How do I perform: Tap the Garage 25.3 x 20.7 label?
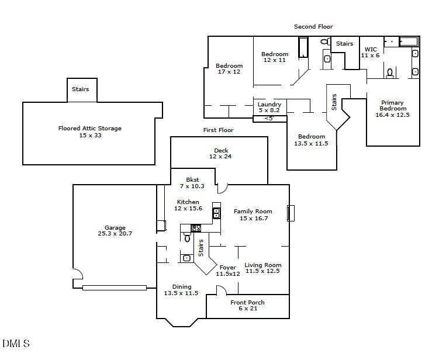tap(115, 231)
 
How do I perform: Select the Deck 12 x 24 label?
tap(221, 154)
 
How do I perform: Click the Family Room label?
tap(253, 214)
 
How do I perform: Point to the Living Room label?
tap(262, 268)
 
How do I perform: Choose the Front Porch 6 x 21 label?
tap(247, 305)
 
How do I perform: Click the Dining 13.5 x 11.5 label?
tap(181, 290)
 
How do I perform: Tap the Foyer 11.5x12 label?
tap(227, 271)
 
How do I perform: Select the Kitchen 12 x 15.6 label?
tap(188, 205)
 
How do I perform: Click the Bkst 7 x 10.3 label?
tap(192, 183)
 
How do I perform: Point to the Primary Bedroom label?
tap(392, 109)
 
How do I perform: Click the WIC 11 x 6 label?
tap(371, 53)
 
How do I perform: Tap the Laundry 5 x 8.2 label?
tap(269, 108)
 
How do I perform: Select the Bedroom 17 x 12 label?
tap(229, 69)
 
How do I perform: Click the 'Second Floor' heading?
tap(313, 27)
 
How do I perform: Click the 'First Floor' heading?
tap(218, 130)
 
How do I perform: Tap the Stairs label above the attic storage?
tap(80, 89)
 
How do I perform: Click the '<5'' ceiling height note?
tap(269, 119)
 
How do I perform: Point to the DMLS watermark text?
tap(16, 344)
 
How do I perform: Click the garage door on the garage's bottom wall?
tap(115, 288)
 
